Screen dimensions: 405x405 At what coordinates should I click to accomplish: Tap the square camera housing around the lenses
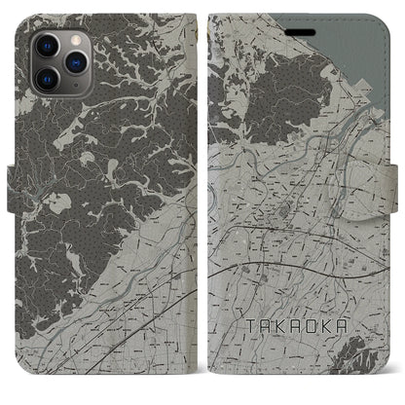(58, 59)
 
